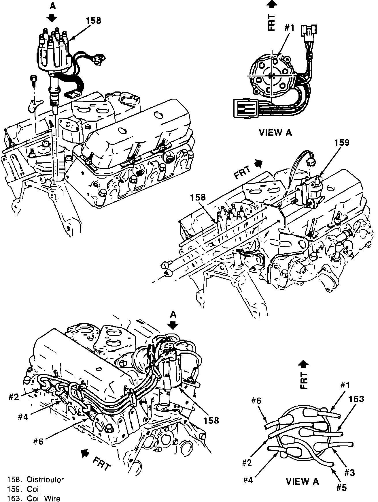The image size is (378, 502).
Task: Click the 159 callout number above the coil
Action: (342, 143)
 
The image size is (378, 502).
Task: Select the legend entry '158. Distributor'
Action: (35, 480)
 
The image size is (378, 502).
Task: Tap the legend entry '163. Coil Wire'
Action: (34, 498)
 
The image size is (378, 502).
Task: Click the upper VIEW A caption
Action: (275, 132)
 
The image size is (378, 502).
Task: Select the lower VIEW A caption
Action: (303, 481)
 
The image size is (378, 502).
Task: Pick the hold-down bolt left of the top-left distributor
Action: (33, 80)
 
